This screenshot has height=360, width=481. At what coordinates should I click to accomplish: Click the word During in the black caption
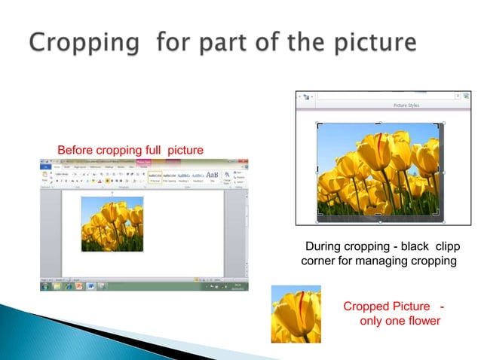323,246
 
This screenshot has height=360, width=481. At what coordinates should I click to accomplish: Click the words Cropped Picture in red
387,307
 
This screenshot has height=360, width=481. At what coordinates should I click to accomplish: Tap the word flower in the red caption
421,322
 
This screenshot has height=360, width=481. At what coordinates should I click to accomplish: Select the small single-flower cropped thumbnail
296,313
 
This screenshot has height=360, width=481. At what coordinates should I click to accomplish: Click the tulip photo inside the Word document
112,223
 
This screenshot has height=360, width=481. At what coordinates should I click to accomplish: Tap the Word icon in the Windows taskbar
90,286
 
